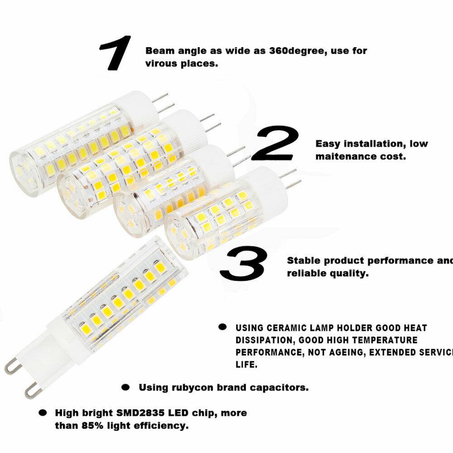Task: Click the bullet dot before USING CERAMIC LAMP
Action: pos(222,327)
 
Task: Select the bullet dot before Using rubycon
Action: pos(126,387)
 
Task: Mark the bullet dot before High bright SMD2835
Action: pos(43,413)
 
